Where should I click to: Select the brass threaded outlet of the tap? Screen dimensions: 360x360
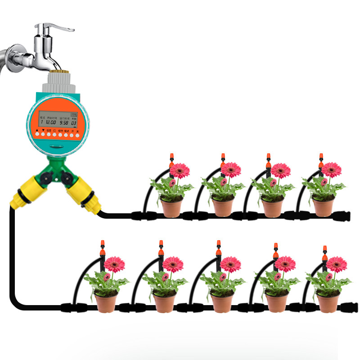(x=58, y=71)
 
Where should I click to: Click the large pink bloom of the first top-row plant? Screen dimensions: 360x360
(x=180, y=171)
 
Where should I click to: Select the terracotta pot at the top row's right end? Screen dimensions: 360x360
(x=324, y=207)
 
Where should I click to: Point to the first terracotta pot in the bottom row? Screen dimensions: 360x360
(x=106, y=301)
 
